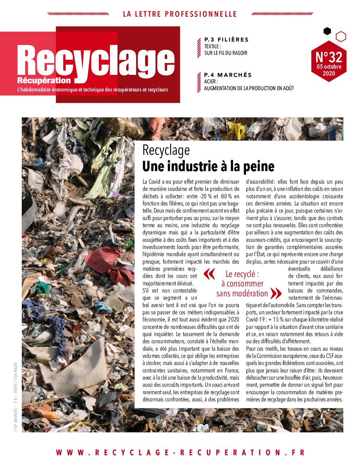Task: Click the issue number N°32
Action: click(x=328, y=55)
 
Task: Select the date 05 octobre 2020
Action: click(x=328, y=70)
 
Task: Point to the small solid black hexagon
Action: click(x=327, y=31)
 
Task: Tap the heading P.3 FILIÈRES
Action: click(x=226, y=40)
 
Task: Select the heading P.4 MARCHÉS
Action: click(x=228, y=75)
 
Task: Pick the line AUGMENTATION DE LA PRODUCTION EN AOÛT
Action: click(x=249, y=88)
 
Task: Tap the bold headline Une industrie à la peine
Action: click(x=208, y=167)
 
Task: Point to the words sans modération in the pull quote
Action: click(x=242, y=293)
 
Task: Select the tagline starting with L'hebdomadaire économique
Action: click(x=89, y=90)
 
